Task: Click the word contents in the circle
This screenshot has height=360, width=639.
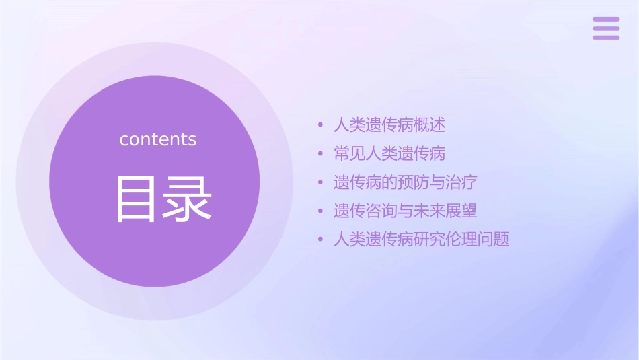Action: click(158, 139)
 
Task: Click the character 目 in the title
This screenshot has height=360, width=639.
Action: click(135, 199)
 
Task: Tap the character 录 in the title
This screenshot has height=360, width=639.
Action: click(185, 199)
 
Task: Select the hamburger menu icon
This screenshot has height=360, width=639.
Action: click(605, 28)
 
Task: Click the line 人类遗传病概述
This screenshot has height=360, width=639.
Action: click(389, 125)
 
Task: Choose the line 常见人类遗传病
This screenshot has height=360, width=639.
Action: click(389, 153)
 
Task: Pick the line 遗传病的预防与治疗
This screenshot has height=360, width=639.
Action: click(406, 182)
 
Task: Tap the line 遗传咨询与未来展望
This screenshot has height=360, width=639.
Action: click(406, 211)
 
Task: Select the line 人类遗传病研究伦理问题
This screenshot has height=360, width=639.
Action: click(421, 239)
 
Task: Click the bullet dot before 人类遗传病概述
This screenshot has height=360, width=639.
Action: click(322, 125)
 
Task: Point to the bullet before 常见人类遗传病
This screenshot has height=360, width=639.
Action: click(322, 154)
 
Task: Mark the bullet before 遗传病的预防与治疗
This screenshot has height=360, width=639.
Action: click(322, 182)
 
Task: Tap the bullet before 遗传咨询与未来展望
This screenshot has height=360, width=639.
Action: click(322, 211)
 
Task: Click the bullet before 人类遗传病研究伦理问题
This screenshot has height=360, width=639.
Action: click(322, 239)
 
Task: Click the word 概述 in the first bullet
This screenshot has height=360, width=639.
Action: click(430, 125)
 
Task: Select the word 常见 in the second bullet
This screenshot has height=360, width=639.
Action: click(350, 153)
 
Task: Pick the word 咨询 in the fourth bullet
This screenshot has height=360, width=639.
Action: click(381, 211)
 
